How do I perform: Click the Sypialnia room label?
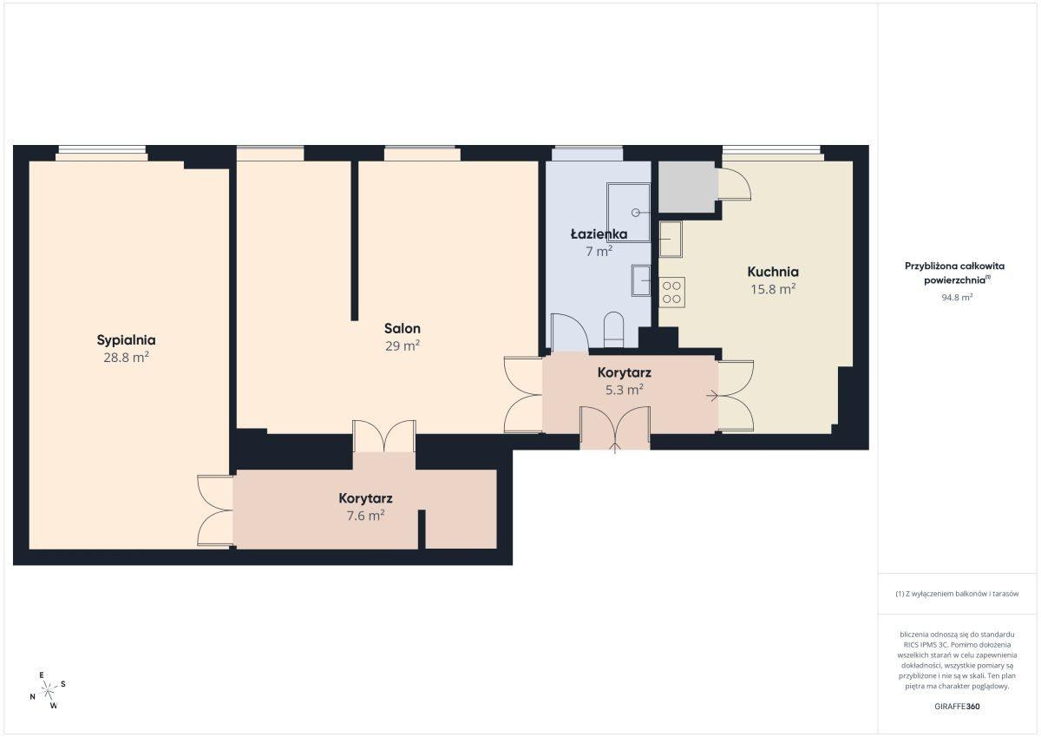coord(126,340)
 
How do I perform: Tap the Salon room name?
coord(403,328)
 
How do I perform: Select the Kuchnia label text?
coord(773,272)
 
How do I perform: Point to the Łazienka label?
coord(599,234)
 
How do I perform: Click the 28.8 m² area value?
coord(126,358)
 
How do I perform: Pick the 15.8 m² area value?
coord(773,289)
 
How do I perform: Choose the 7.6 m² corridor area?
coord(366,515)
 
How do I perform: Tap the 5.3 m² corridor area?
coord(624,389)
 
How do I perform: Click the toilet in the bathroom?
coord(613,329)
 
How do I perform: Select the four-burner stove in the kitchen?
coord(671,292)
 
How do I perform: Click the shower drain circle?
coord(635,213)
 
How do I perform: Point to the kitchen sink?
coord(670,239)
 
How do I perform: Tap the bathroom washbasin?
coord(641,280)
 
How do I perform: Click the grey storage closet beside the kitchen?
coord(687,187)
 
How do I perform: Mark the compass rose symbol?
coord(48,690)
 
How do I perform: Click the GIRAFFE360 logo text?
coord(957,707)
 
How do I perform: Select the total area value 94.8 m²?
coord(957,297)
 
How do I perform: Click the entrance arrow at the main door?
coord(615,448)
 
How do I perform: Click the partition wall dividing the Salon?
coord(355,240)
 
